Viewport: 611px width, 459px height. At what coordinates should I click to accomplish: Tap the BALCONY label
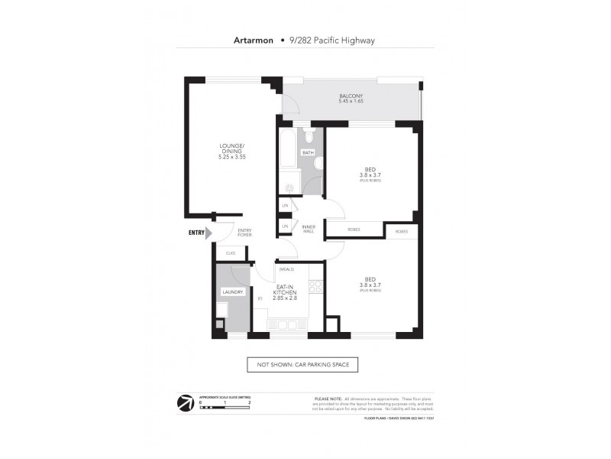click(351, 96)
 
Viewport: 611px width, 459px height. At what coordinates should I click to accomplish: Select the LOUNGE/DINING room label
click(231, 148)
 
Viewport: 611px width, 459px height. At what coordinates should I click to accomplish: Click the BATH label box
click(308, 152)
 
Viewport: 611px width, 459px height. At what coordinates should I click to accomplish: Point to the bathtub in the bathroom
click(287, 153)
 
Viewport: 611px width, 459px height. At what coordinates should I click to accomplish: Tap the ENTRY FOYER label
click(244, 233)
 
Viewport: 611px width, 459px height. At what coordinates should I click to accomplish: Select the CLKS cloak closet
click(230, 252)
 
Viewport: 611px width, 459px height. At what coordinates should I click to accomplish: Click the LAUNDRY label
click(232, 291)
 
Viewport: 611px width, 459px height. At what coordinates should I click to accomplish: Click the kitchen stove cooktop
click(315, 286)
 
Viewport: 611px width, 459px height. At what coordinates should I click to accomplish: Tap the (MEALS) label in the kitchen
click(287, 269)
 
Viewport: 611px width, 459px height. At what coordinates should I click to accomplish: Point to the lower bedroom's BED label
click(370, 279)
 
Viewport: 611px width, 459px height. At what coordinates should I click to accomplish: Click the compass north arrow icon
click(185, 403)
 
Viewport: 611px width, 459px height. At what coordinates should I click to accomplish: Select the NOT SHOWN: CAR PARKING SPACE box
click(302, 365)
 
